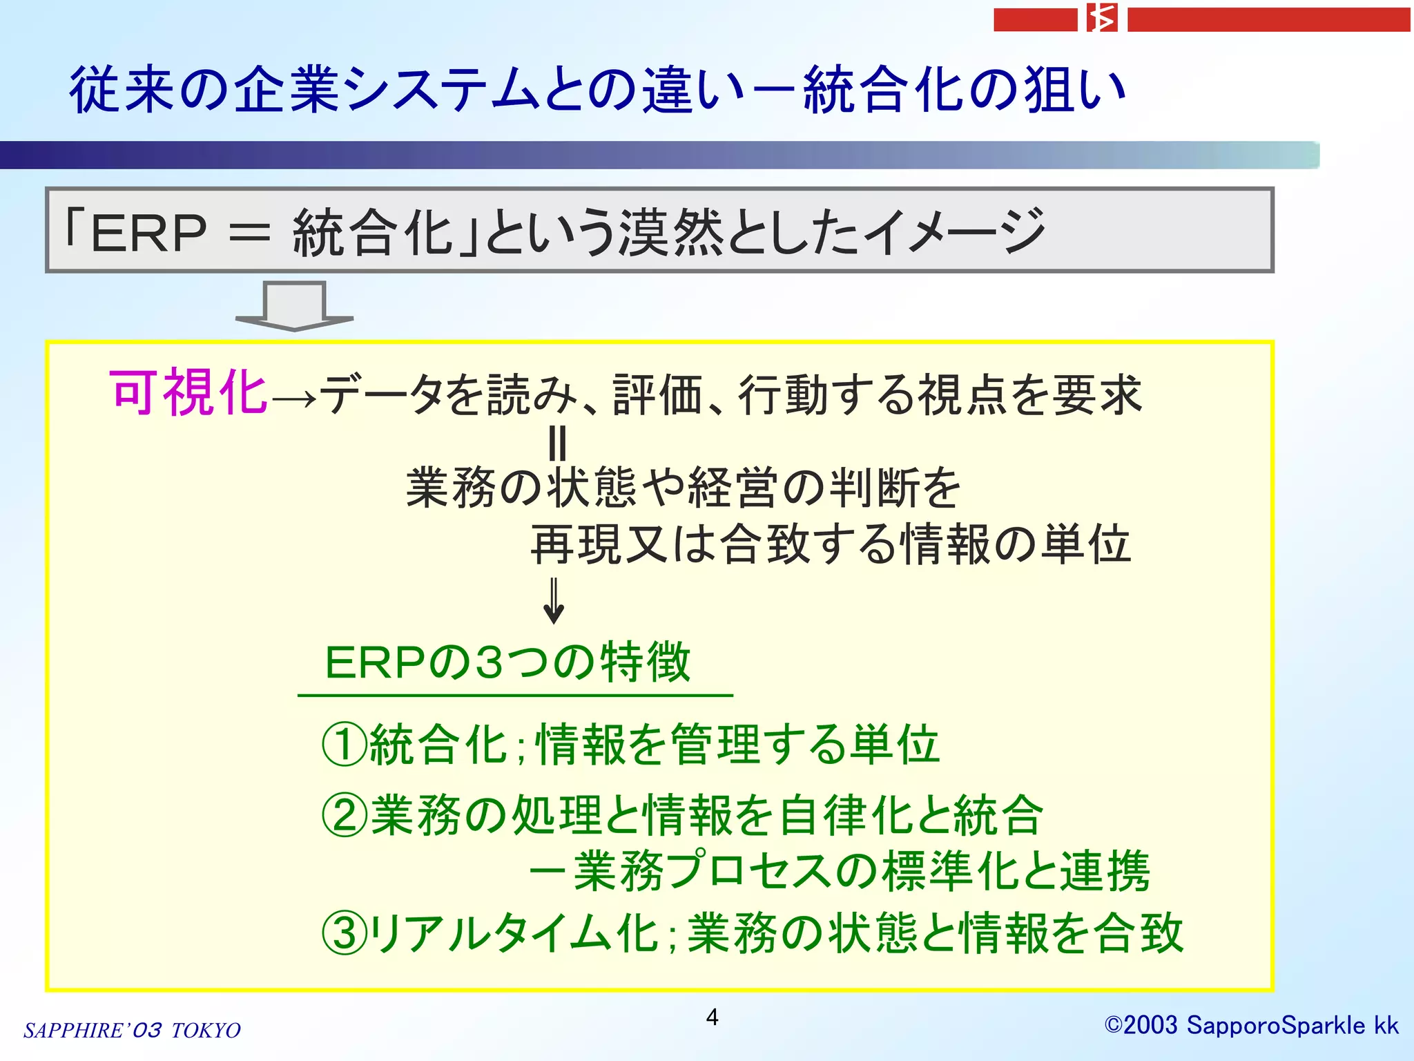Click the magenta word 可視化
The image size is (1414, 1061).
point(188,393)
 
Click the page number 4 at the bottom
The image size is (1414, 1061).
point(712,1017)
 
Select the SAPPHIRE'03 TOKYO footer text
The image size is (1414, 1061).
point(132,1031)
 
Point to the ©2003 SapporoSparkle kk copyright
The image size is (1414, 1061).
point(1251,1026)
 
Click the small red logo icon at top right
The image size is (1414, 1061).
point(1102,19)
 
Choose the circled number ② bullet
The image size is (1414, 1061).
point(344,815)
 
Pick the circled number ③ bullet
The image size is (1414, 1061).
point(344,933)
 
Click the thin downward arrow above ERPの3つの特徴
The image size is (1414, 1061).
point(554,601)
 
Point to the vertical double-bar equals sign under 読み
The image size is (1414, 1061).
point(556,443)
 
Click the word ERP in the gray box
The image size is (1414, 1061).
point(148,233)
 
